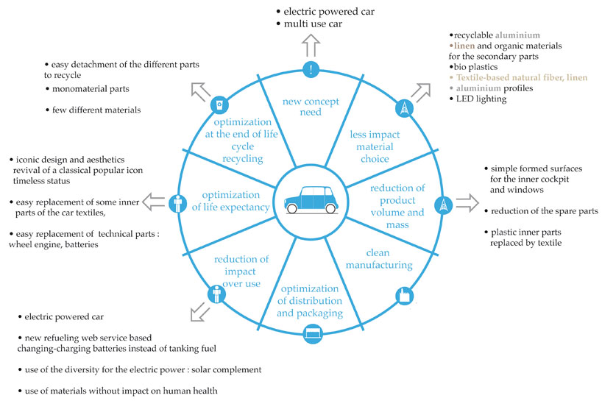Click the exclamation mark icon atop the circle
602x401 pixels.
312,70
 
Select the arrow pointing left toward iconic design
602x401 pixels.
152,201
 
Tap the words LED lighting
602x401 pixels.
481,99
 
